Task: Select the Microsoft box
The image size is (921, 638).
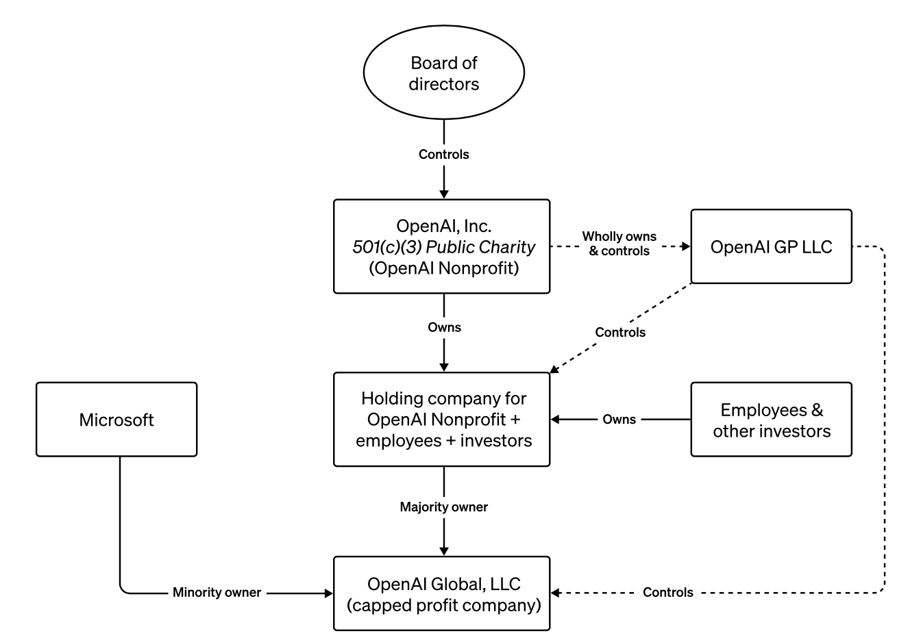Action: (x=116, y=420)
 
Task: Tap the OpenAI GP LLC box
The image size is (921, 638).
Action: (x=772, y=246)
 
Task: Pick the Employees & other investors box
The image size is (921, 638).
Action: (x=772, y=420)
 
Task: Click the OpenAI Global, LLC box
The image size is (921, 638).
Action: (x=441, y=594)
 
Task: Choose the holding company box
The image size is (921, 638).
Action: (x=441, y=420)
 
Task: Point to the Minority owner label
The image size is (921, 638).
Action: (x=217, y=592)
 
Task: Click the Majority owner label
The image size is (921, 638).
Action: (x=443, y=507)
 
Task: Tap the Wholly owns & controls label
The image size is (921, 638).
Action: (x=619, y=244)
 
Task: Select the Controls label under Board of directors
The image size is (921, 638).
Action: (x=443, y=155)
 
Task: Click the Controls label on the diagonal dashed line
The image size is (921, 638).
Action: (x=620, y=333)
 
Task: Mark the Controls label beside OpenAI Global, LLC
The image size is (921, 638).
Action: (x=667, y=592)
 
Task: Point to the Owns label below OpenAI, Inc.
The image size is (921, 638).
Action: (x=444, y=327)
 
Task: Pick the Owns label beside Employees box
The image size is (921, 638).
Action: (x=619, y=420)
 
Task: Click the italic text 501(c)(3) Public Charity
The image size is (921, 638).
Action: (x=443, y=247)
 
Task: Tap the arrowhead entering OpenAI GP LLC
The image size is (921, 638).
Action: (x=686, y=246)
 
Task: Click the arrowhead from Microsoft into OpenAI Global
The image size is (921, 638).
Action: (x=328, y=594)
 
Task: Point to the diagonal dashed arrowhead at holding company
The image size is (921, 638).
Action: (x=554, y=369)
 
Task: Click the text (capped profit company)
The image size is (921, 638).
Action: (x=443, y=606)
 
